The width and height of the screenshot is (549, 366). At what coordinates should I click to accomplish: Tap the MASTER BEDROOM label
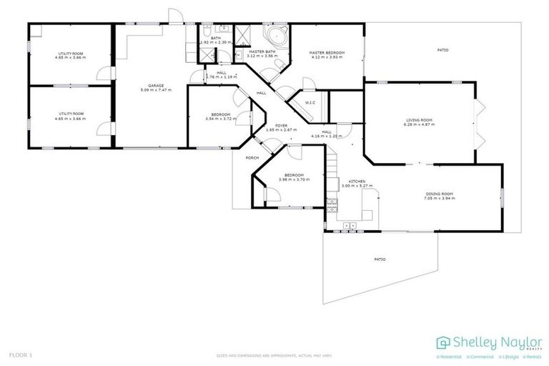pyautogui.click(x=327, y=52)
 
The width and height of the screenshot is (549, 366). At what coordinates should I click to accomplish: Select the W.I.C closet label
pyautogui.click(x=310, y=103)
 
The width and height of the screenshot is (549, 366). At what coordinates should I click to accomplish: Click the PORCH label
pyautogui.click(x=252, y=157)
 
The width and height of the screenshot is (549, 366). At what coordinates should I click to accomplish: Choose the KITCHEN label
pyautogui.click(x=357, y=182)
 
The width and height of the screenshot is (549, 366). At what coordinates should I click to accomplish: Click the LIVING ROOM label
pyautogui.click(x=420, y=119)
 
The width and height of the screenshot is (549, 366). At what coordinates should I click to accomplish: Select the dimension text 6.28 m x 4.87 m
pyautogui.click(x=420, y=124)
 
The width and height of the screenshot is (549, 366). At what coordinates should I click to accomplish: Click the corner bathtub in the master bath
pyautogui.click(x=274, y=36)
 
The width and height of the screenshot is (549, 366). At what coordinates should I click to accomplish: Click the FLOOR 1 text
pyautogui.click(x=21, y=355)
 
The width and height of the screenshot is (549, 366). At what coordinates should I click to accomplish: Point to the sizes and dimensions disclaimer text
pyautogui.click(x=274, y=355)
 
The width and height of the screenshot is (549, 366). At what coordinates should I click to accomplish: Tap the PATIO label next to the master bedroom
pyautogui.click(x=442, y=49)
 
